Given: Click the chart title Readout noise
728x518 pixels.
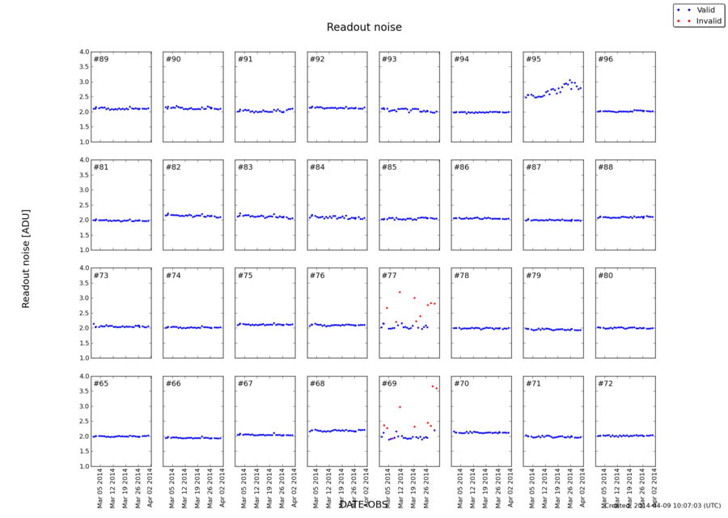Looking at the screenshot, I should point(364,27).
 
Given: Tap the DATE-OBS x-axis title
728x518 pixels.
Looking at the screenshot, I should point(364,505).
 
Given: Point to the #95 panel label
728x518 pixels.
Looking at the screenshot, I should point(533,60).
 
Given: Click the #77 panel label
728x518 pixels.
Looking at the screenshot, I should point(389,276).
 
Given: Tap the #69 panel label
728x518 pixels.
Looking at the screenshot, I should point(389,384).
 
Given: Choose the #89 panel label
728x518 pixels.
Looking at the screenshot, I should point(101,60).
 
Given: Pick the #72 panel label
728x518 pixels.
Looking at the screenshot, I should point(605,384).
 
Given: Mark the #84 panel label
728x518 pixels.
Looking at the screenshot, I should point(317,168).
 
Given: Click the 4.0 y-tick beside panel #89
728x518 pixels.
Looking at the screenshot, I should point(84,52).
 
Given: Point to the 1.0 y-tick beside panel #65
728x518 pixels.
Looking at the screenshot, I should point(84,466).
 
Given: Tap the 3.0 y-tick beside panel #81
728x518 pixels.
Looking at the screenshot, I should point(84,190).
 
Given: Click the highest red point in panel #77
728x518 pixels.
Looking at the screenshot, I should point(400,292).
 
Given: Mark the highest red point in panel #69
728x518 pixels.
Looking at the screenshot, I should point(432,386).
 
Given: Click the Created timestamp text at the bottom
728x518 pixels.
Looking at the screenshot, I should point(663,506).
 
